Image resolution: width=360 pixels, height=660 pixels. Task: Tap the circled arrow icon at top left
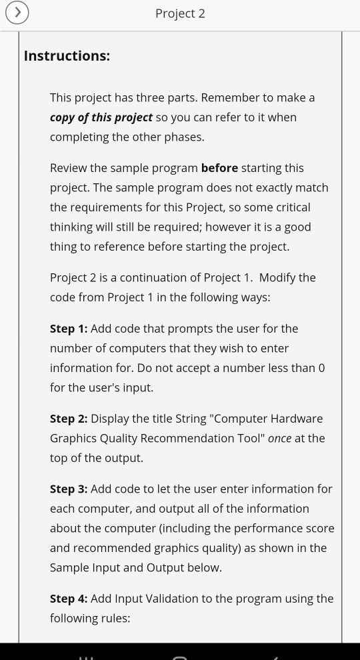pos(17,13)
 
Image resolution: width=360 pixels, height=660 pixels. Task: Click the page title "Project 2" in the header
pos(180,13)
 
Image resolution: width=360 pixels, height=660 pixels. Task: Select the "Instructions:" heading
pos(67,56)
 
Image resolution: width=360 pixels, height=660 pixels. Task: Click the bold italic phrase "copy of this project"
pos(101,117)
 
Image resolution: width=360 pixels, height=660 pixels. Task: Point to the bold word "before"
pos(219,168)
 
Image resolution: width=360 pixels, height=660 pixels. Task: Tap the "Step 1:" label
pos(69,329)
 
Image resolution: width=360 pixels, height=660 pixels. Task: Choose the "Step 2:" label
pos(69,419)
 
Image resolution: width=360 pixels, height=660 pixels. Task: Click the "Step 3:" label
pos(69,489)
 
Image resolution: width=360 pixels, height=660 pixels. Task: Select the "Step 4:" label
pos(69,599)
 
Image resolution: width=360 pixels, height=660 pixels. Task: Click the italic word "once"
pos(279,439)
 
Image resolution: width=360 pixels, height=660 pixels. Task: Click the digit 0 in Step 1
pos(321,368)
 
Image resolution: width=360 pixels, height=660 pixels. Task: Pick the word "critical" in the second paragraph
pos(291,207)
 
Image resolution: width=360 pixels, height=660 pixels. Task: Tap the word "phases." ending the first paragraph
pos(183,137)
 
